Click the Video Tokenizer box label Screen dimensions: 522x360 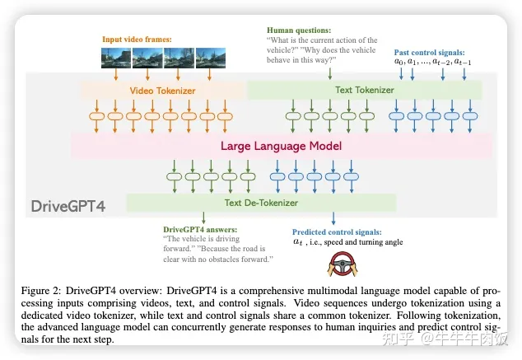[x=162, y=91]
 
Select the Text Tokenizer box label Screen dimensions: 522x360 [x=365, y=90]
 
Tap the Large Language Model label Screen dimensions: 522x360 [x=282, y=146]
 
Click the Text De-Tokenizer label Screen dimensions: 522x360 [x=261, y=203]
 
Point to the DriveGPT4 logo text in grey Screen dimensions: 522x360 [x=68, y=206]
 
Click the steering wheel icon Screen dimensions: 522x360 [x=343, y=264]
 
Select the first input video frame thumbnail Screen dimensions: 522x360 [x=116, y=58]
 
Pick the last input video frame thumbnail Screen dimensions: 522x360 [x=211, y=58]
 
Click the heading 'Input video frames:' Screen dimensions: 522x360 [x=137, y=40]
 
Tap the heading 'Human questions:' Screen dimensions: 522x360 [x=299, y=30]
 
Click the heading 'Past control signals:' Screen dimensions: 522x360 [x=430, y=52]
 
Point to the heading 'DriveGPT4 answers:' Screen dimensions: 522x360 [x=200, y=230]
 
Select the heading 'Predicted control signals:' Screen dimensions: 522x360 [x=337, y=232]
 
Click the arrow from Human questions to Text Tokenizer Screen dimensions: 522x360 [x=330, y=73]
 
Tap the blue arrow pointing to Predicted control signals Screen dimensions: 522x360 [x=333, y=218]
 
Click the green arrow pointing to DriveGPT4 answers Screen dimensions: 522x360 [x=203, y=217]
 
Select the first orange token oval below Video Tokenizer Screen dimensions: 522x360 [x=96, y=116]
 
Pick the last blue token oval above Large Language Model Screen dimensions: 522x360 [x=470, y=116]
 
